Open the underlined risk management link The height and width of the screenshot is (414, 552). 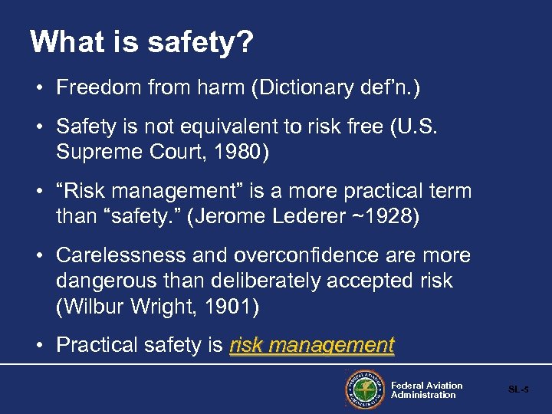pyautogui.click(x=311, y=346)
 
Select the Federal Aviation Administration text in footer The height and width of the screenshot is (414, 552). pyautogui.click(x=426, y=390)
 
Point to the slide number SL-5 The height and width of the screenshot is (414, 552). pyautogui.click(x=518, y=390)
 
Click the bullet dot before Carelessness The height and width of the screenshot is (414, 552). pyautogui.click(x=38, y=256)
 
